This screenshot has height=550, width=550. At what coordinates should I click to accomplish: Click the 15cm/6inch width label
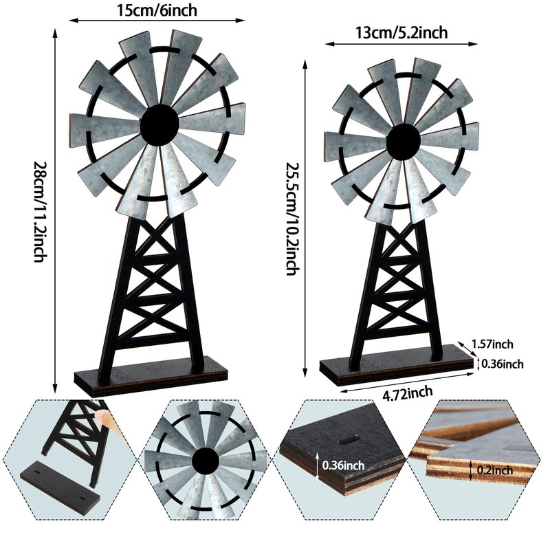[157, 10]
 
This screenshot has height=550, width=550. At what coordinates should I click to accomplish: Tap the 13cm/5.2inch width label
[401, 33]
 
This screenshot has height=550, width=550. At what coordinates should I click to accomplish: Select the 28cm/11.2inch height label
[40, 212]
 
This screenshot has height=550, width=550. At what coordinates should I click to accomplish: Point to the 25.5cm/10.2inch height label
[293, 219]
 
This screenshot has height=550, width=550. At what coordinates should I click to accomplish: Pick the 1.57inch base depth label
[492, 344]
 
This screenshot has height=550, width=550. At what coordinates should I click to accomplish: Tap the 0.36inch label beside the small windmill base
[503, 364]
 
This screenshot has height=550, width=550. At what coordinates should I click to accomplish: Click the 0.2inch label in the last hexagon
[494, 470]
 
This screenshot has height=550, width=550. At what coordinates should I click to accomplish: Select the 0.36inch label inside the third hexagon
[343, 465]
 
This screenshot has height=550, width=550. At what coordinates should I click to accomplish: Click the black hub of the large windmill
[159, 125]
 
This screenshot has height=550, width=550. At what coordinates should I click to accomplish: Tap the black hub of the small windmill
[404, 141]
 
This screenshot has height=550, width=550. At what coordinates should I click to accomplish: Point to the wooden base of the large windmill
[151, 376]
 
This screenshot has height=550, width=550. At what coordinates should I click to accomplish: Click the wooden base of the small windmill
[397, 366]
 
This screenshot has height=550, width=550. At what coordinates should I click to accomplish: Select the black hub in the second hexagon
[206, 460]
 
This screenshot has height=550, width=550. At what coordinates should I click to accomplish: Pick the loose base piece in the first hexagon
[60, 487]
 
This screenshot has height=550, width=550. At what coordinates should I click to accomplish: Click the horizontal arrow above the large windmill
[157, 21]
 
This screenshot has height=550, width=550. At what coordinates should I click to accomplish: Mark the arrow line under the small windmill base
[407, 383]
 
